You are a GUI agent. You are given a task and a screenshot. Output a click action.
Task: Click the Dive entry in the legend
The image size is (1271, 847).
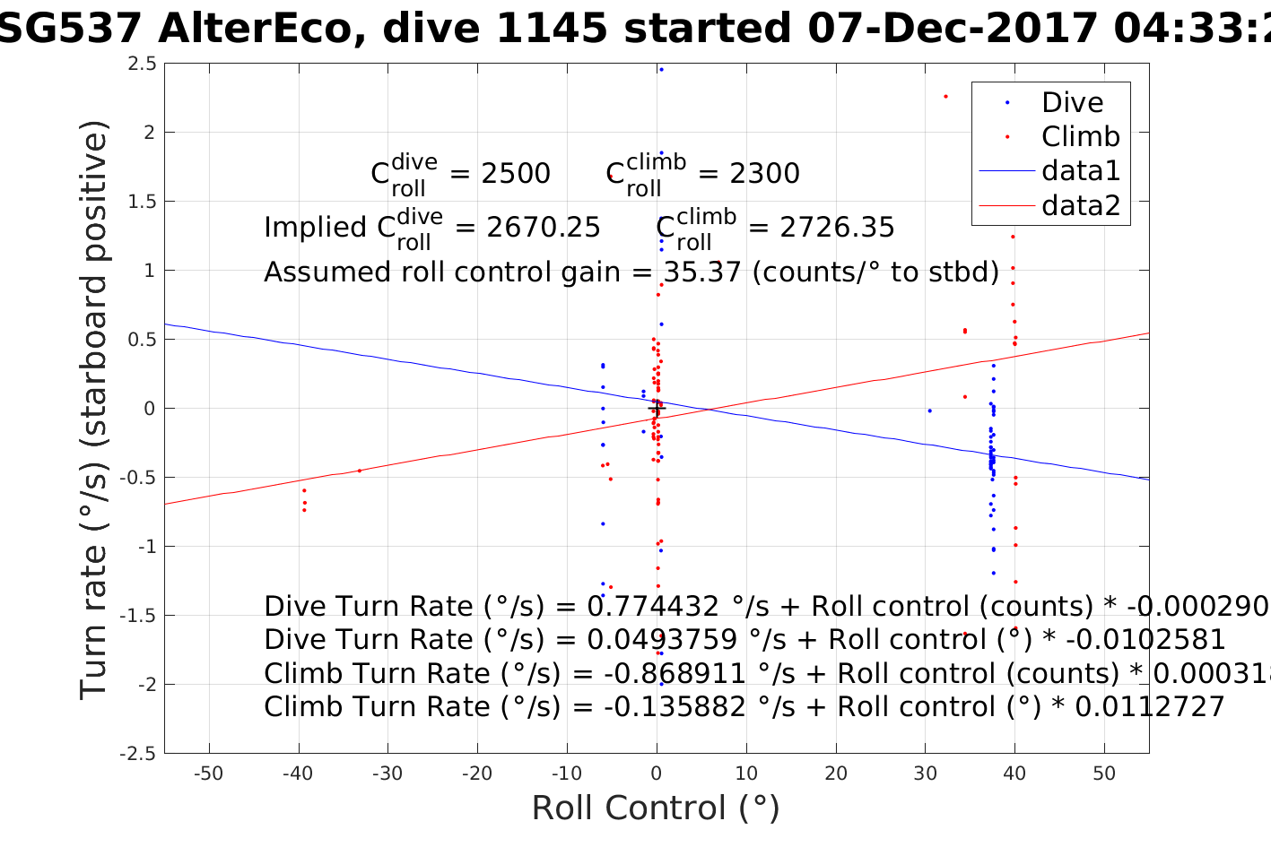pyautogui.click(x=1072, y=102)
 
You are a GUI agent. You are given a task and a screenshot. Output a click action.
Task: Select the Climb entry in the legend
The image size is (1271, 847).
pyautogui.click(x=1080, y=136)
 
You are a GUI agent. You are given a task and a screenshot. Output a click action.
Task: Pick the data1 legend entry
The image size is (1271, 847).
pyautogui.click(x=1081, y=170)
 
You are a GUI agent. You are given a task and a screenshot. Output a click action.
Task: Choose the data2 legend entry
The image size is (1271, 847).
pyautogui.click(x=1081, y=205)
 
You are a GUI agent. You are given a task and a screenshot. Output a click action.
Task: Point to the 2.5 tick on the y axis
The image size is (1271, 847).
pyautogui.click(x=142, y=63)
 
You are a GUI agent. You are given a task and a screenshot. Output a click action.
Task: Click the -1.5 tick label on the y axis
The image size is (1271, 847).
pyautogui.click(x=138, y=615)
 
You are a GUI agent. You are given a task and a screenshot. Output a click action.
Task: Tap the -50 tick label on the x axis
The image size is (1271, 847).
pyautogui.click(x=208, y=773)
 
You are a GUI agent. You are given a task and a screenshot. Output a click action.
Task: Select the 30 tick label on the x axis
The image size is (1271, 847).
pyautogui.click(x=925, y=773)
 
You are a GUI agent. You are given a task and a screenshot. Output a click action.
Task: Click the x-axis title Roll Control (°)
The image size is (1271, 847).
pyautogui.click(x=656, y=808)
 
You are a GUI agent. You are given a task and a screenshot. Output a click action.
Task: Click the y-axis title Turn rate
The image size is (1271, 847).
pyautogui.click(x=93, y=410)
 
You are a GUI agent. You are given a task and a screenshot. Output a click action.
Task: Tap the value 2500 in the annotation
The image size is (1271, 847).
pyautogui.click(x=516, y=173)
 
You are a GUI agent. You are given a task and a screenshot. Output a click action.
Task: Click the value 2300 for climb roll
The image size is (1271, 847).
pyautogui.click(x=764, y=173)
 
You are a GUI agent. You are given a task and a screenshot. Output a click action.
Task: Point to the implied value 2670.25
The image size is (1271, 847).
pyautogui.click(x=544, y=228)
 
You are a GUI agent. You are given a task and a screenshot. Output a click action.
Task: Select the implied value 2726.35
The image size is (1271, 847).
pyautogui.click(x=837, y=228)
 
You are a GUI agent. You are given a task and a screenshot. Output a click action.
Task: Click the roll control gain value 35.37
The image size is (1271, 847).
pyautogui.click(x=702, y=272)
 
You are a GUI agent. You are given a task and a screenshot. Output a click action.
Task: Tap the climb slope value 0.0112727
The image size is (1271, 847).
pyautogui.click(x=1149, y=707)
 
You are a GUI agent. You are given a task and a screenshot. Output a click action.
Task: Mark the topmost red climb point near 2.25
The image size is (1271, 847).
pyautogui.click(x=945, y=96)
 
